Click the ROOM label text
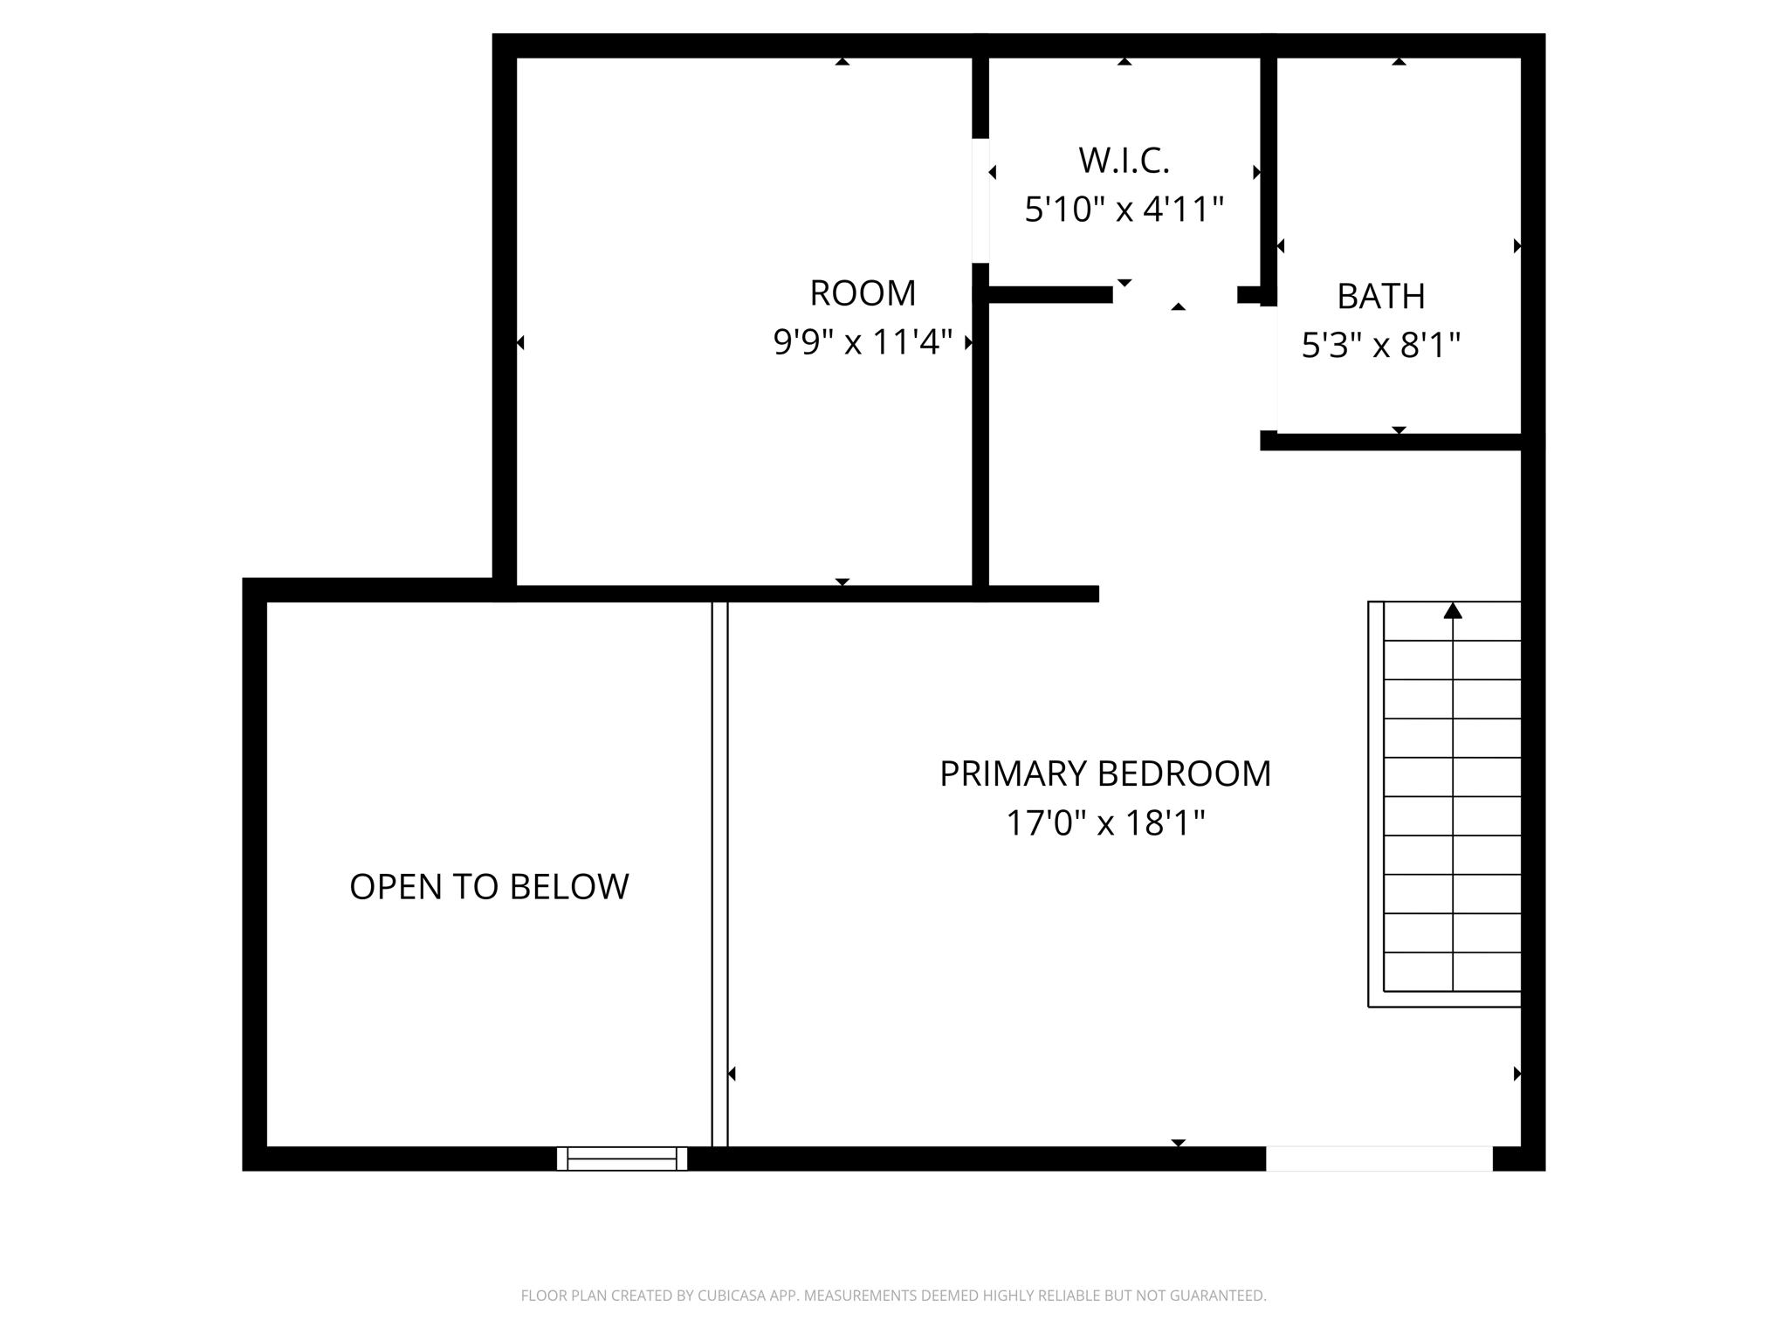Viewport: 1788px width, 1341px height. [863, 293]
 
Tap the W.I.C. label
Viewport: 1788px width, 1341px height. [1124, 161]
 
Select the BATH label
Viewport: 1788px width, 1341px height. [1380, 297]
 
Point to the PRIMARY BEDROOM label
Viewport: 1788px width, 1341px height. [1104, 774]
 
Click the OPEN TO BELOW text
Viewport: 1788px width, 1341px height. [489, 887]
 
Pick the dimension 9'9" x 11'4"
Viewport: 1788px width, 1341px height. [863, 342]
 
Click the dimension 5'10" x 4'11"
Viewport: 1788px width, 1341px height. [1124, 210]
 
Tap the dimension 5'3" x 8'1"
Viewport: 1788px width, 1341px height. [1380, 346]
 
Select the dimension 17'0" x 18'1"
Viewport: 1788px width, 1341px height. [1104, 823]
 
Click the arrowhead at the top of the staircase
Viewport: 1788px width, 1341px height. [1453, 611]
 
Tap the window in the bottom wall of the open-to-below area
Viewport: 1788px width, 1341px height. [622, 1159]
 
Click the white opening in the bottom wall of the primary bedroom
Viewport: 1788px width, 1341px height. [1379, 1159]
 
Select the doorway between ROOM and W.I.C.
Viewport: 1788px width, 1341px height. [980, 200]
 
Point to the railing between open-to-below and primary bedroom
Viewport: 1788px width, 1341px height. [719, 873]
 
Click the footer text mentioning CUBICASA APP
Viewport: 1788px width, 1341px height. [893, 1296]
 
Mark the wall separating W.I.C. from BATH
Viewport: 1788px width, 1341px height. [1269, 166]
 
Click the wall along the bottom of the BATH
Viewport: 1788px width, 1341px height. [1397, 442]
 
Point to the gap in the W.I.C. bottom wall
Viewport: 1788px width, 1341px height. [1174, 295]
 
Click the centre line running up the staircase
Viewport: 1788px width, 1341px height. [1453, 803]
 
